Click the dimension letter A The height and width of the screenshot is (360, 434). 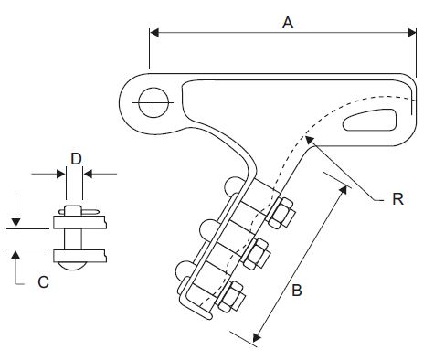[288, 23]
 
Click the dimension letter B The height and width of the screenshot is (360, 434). [297, 290]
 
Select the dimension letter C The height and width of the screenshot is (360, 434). [43, 282]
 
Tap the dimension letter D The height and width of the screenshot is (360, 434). [76, 159]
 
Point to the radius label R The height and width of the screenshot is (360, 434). [397, 199]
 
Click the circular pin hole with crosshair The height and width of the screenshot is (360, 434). [153, 102]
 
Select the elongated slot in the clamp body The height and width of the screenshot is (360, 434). [370, 121]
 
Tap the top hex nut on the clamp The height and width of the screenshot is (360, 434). [281, 213]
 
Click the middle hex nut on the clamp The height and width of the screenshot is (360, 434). [256, 254]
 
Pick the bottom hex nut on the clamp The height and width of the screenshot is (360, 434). [231, 296]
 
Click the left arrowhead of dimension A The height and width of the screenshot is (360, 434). [154, 33]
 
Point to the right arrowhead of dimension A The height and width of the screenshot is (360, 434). [412, 33]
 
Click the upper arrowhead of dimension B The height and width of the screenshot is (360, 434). [343, 189]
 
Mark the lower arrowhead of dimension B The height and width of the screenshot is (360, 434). [257, 337]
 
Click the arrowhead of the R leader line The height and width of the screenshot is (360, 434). [309, 140]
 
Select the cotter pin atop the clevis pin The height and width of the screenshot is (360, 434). [79, 211]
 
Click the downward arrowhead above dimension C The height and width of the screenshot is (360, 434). [16, 222]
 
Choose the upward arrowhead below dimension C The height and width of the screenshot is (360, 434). [16, 255]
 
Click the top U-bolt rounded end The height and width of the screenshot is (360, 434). [233, 186]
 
